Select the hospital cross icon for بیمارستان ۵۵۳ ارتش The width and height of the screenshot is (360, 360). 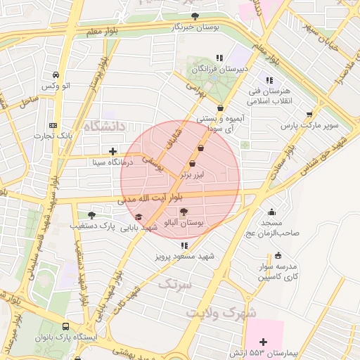coord(263,341)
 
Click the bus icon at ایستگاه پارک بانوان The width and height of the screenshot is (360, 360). coord(65,327)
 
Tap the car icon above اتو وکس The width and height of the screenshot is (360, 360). coord(56,75)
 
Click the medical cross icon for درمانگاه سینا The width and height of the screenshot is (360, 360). coord(112,151)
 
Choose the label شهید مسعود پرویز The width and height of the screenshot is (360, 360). coord(184,257)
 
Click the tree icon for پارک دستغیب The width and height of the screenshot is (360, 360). coord(91,215)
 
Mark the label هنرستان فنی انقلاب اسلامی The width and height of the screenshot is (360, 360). coord(271,96)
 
